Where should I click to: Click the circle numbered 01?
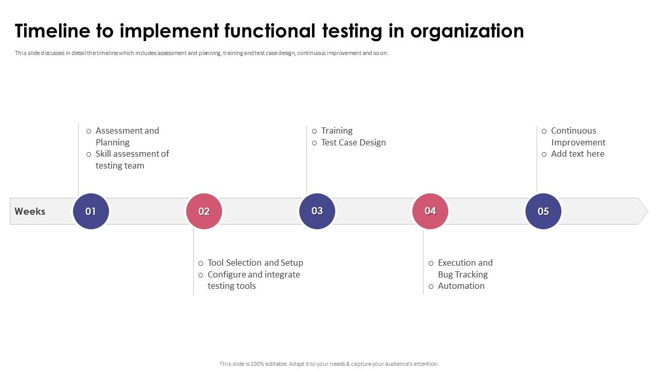91,211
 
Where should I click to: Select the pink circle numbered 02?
204,211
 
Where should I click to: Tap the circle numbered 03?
317,211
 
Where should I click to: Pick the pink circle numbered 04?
430,211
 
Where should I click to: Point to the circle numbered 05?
543,211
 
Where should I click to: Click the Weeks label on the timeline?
30,211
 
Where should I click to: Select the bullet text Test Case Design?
353,142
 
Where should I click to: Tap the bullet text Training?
337,131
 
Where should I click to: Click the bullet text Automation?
461,286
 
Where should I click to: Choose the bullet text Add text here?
577,154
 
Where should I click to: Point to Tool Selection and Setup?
255,263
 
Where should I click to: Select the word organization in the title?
467,31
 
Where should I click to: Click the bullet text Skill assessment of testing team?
132,159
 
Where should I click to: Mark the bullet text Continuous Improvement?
578,136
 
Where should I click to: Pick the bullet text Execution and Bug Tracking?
465,268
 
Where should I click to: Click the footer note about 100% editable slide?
329,364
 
